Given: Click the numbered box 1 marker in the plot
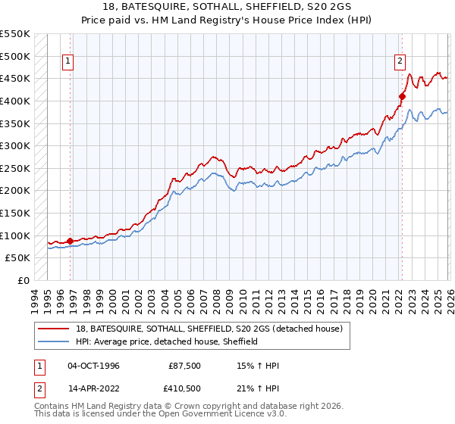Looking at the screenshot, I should click(68, 62).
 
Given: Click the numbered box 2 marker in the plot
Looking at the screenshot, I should click(400, 62).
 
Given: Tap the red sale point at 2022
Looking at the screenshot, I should click(402, 96).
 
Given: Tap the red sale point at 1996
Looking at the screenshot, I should click(71, 241).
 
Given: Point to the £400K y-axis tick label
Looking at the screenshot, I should click(15, 101).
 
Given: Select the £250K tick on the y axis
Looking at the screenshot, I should click(15, 168).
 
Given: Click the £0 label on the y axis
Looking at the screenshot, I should click(23, 280).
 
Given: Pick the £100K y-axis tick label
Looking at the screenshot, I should click(15, 235).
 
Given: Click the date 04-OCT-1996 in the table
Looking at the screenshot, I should click(93, 366).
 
